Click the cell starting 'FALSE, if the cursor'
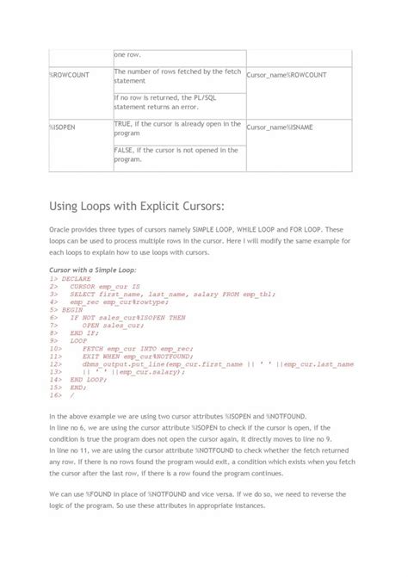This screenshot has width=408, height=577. tap(176, 154)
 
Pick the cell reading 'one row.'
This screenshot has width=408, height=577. tap(128, 53)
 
